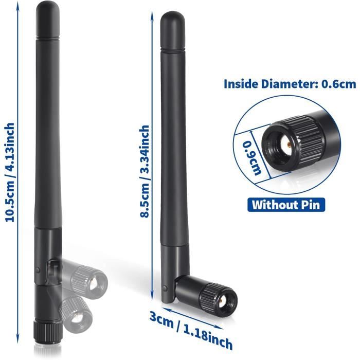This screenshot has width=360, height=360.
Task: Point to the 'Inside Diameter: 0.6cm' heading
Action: tap(290, 84)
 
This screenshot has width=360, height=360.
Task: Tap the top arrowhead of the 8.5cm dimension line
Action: tap(152, 15)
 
